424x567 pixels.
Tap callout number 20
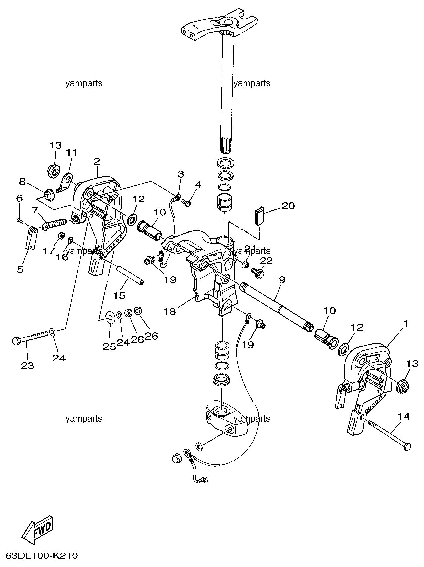pos(288,205)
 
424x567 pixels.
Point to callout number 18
pos(170,311)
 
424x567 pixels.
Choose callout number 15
pos(119,295)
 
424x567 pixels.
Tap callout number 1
pos(406,324)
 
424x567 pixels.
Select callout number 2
pos(97,161)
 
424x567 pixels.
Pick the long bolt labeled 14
pos(390,434)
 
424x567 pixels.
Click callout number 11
pos(72,153)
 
